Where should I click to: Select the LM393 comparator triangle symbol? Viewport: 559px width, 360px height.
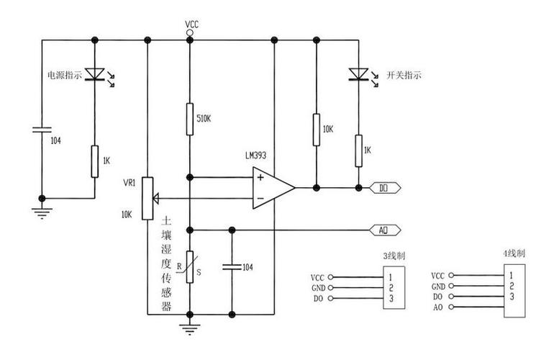tap(272, 187)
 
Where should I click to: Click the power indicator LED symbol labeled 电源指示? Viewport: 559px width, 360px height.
tap(95, 75)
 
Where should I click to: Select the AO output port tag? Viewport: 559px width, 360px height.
tap(383, 230)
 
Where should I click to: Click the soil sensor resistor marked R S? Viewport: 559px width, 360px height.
tap(190, 266)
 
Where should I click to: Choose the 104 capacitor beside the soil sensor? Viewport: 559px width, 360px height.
tap(232, 266)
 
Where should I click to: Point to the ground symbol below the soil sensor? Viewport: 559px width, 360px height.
tap(190, 328)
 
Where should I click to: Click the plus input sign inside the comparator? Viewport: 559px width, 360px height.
tap(260, 177)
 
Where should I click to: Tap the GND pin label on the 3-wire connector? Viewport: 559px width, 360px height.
tap(318, 287)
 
